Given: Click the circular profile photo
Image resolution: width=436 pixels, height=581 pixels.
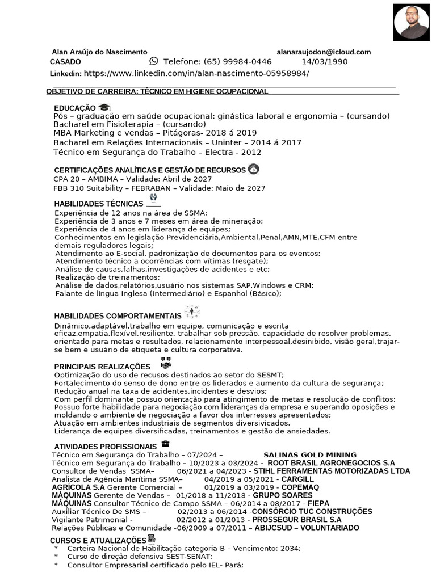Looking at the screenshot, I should click(x=412, y=23).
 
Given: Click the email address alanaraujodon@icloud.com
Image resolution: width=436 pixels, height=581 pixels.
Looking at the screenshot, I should click(x=324, y=52).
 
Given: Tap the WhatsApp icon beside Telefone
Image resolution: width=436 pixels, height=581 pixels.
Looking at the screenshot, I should click(x=154, y=61).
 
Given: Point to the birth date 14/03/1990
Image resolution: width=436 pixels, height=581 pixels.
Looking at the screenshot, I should click(x=324, y=62).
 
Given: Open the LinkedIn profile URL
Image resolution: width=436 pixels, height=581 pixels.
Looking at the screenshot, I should click(x=196, y=74).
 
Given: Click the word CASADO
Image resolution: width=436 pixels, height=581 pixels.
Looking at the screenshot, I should click(x=65, y=62).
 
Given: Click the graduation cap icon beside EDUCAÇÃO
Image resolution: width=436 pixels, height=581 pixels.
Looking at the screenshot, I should click(x=104, y=107).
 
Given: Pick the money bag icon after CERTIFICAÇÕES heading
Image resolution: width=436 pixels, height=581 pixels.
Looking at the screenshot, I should click(x=253, y=169).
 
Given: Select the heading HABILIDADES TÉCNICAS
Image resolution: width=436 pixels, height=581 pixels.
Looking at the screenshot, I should click(x=99, y=203).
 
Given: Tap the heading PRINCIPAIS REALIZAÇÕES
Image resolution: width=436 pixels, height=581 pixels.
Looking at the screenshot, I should click(x=102, y=367).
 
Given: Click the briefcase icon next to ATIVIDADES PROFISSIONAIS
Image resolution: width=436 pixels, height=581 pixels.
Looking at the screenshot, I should click(x=165, y=443).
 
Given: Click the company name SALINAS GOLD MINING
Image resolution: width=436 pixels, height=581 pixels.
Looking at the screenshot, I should click(x=310, y=455).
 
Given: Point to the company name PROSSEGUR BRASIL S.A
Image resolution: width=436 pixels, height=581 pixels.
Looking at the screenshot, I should click(x=297, y=519).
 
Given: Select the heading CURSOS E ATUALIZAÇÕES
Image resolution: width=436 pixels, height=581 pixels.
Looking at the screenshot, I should click(x=98, y=540).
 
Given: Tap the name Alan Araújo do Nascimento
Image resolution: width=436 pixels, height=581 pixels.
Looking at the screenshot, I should click(x=99, y=52).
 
